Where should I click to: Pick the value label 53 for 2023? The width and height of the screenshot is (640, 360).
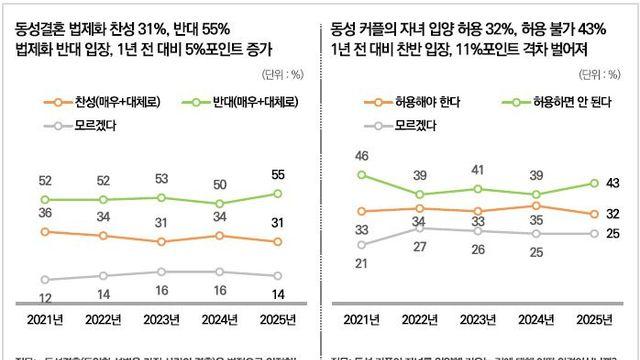[159, 179]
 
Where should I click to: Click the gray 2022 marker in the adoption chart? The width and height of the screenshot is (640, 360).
[420, 227]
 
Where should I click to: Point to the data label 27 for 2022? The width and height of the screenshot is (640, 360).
[420, 246]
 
